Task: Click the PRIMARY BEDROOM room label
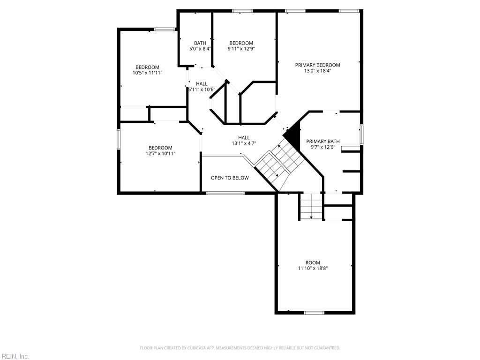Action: click(317, 65)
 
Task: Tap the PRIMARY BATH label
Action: click(323, 141)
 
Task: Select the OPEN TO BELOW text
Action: click(230, 178)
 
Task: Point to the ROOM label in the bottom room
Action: click(313, 262)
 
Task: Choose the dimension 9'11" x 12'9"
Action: click(241, 49)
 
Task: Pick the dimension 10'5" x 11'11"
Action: click(148, 73)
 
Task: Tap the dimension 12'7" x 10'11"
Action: click(161, 153)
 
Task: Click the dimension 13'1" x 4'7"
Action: click(244, 143)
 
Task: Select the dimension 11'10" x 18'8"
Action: click(313, 269)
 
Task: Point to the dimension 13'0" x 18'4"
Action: click(317, 71)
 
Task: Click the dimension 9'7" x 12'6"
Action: click(323, 147)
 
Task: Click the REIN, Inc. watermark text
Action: click(15, 357)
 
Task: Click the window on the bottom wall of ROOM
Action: click(314, 313)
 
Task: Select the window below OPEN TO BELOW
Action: click(225, 193)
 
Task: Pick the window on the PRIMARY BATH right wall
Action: click(361, 134)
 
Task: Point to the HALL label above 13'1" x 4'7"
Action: click(244, 137)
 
